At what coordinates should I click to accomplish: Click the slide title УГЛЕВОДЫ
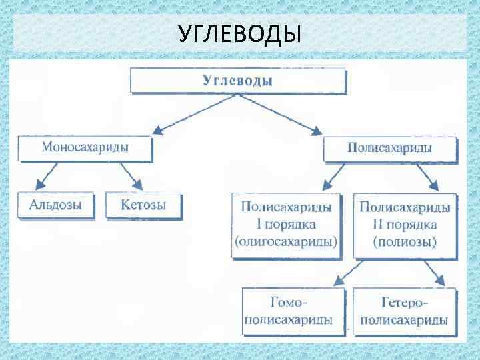pyautogui.click(x=240, y=33)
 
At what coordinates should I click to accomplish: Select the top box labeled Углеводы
pyautogui.click(x=238, y=81)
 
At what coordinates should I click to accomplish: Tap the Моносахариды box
pyautogui.click(x=85, y=148)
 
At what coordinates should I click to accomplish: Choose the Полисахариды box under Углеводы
pyautogui.click(x=389, y=149)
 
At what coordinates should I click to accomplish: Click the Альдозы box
pyautogui.click(x=56, y=205)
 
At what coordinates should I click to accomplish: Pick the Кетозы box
pyautogui.click(x=143, y=205)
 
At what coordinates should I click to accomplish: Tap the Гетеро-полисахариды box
pyautogui.click(x=404, y=311)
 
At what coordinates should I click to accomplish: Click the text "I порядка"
pyautogui.click(x=286, y=224)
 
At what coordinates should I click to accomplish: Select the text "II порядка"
pyautogui.click(x=405, y=224)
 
